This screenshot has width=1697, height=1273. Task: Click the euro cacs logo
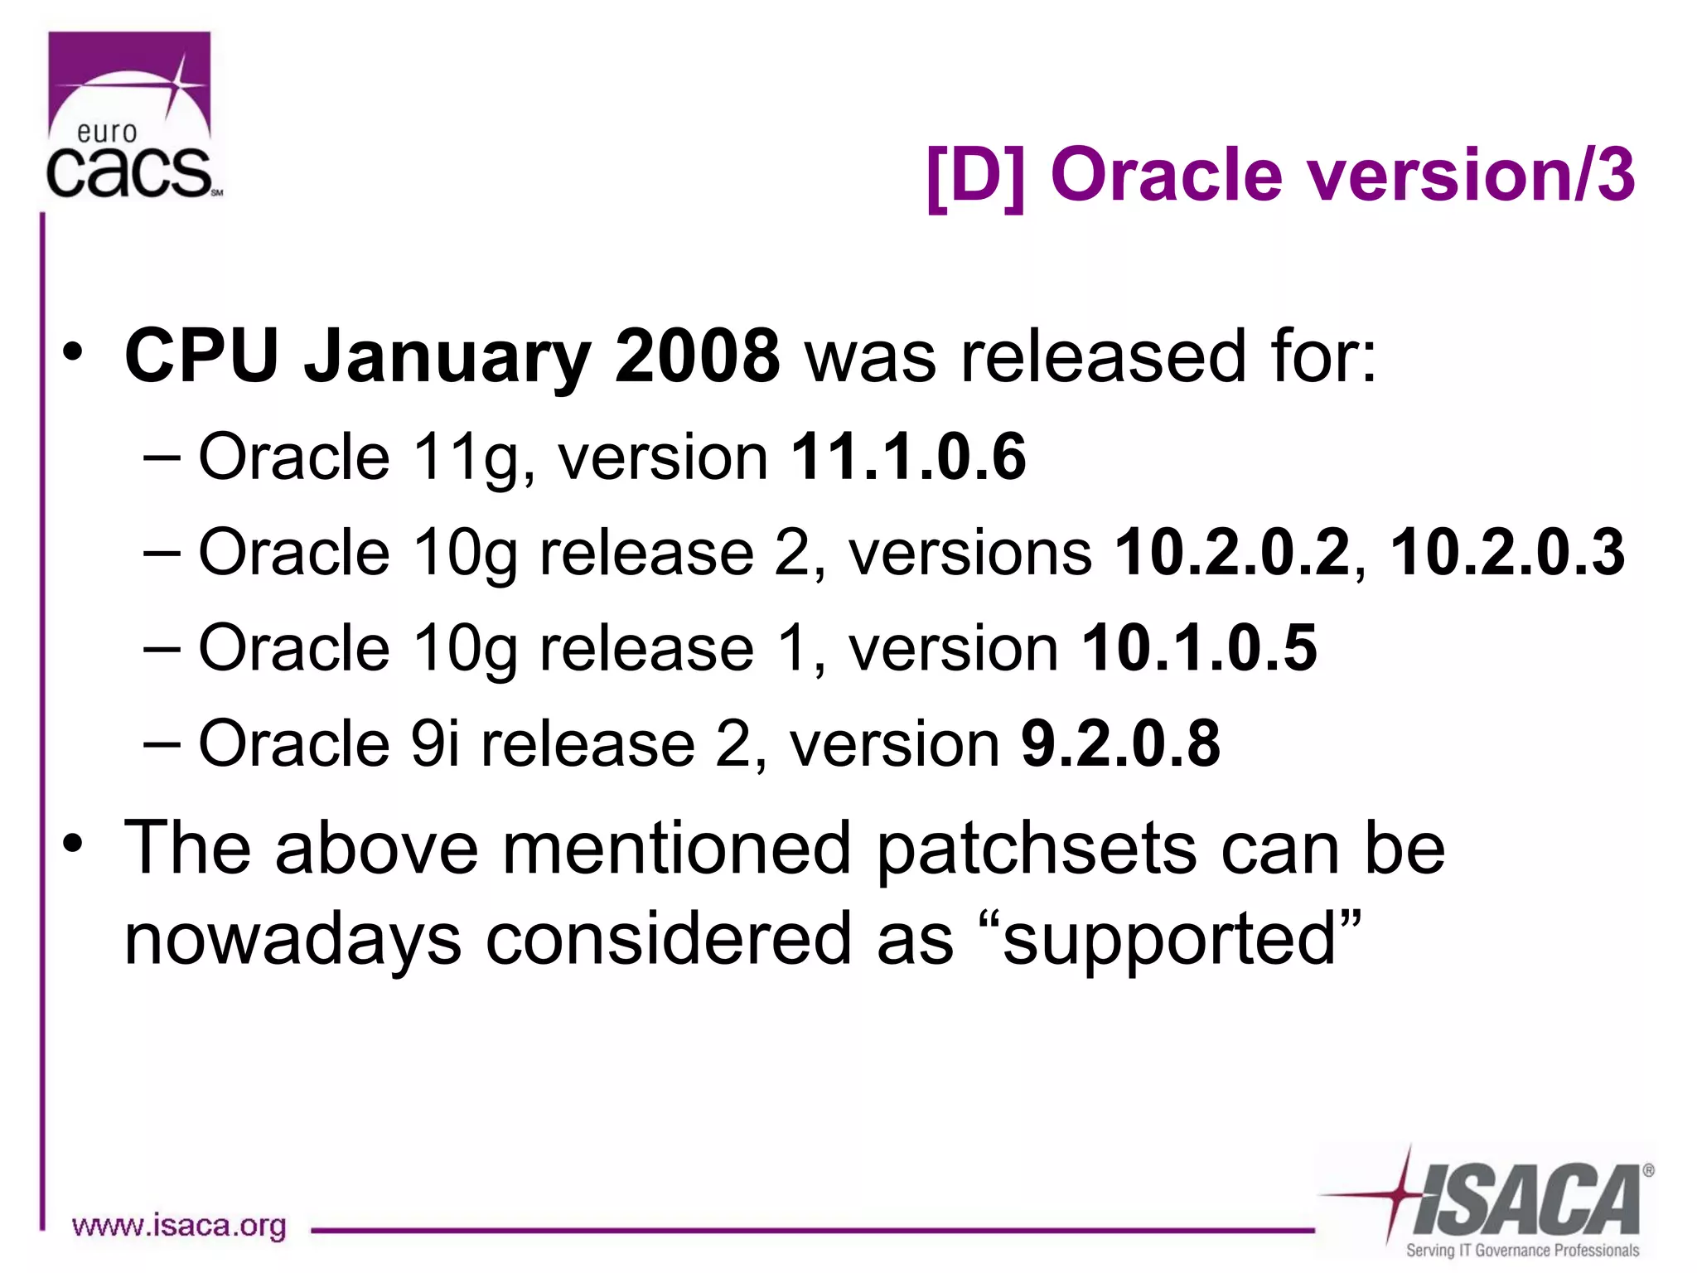click(131, 116)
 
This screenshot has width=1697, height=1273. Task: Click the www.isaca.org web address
click(179, 1225)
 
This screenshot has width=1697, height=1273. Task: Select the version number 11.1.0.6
click(908, 457)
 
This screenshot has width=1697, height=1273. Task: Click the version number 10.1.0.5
click(1199, 647)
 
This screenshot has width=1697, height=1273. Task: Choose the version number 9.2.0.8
click(1120, 743)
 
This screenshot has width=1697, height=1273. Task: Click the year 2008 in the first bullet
click(696, 356)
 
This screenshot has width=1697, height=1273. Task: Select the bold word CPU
click(201, 356)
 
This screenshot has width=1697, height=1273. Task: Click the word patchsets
click(1036, 849)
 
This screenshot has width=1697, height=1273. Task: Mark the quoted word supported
click(1169, 940)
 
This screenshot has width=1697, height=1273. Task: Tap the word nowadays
click(293, 941)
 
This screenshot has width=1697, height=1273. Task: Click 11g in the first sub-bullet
click(464, 458)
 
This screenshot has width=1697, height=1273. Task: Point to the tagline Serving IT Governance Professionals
click(1522, 1250)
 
